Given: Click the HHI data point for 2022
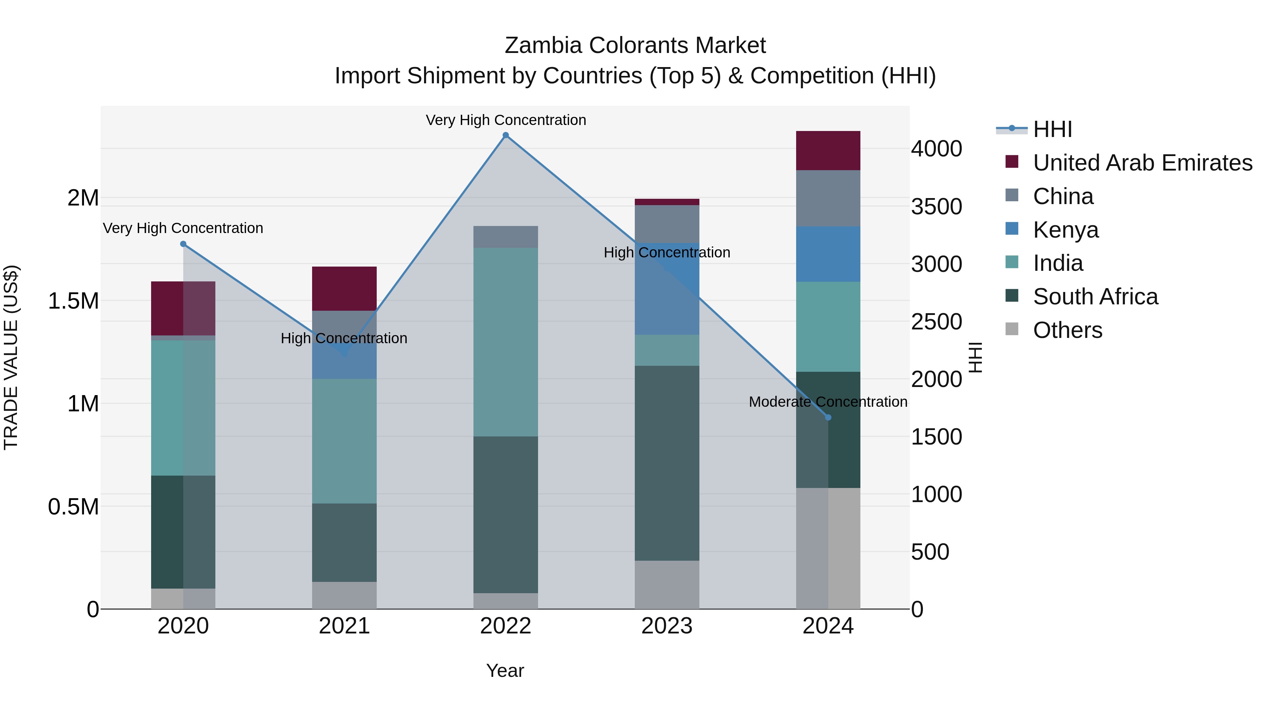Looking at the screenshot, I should tap(505, 135).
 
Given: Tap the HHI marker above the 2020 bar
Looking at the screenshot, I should tap(183, 244).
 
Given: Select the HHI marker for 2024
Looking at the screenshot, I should tap(828, 417).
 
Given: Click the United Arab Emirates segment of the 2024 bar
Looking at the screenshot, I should tap(828, 150).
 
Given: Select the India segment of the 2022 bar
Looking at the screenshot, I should tap(505, 341).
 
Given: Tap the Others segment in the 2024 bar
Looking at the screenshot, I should tap(828, 548).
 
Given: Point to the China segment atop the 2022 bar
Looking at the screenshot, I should tap(505, 237).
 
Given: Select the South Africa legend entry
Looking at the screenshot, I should tap(1095, 297).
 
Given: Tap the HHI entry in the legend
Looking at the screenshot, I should tap(1052, 129).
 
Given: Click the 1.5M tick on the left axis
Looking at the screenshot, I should tap(73, 301).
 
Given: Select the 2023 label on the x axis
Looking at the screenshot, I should tap(667, 626).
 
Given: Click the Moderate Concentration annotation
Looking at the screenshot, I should tap(828, 402).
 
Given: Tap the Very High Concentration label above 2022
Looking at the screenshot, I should tap(506, 120).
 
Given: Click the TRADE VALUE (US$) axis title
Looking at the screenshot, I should tap(11, 357).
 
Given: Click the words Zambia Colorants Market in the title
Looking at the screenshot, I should tap(635, 46).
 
